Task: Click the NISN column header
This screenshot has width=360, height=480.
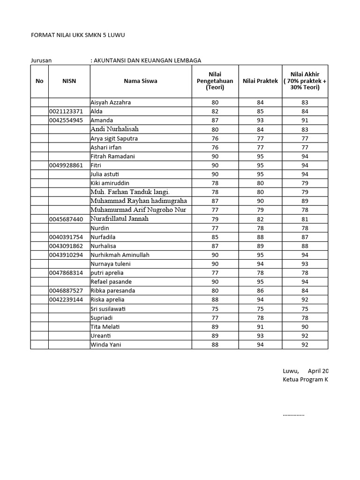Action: pyautogui.click(x=69, y=81)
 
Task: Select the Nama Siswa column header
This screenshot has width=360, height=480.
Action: pyautogui.click(x=141, y=81)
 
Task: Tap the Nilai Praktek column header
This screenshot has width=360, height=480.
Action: pyautogui.click(x=260, y=81)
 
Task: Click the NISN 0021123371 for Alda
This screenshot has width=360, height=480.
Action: pyautogui.click(x=66, y=112)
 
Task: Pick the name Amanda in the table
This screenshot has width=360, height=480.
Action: pyautogui.click(x=102, y=120)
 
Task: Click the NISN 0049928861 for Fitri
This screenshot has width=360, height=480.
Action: pyautogui.click(x=66, y=165)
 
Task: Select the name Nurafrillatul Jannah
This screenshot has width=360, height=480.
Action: pyautogui.click(x=120, y=219)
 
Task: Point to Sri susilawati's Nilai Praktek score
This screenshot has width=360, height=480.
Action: pyautogui.click(x=260, y=309)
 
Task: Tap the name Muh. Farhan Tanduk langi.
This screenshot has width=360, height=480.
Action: pyautogui.click(x=130, y=192)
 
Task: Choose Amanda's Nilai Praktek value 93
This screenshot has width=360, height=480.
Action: pyautogui.click(x=260, y=120)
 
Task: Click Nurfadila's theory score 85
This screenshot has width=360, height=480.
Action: pyautogui.click(x=215, y=237)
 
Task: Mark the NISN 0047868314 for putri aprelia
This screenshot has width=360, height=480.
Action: pyautogui.click(x=66, y=273)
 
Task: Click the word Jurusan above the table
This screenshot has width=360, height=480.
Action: pyautogui.click(x=41, y=60)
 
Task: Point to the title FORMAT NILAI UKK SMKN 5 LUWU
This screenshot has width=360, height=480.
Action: pyautogui.click(x=78, y=35)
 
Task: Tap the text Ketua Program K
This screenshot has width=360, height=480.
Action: pyautogui.click(x=305, y=379)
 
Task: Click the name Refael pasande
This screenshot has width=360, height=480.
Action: pyautogui.click(x=111, y=282)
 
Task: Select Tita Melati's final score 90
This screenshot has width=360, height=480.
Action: pyautogui.click(x=305, y=327)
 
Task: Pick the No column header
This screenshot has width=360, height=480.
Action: pyautogui.click(x=39, y=81)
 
